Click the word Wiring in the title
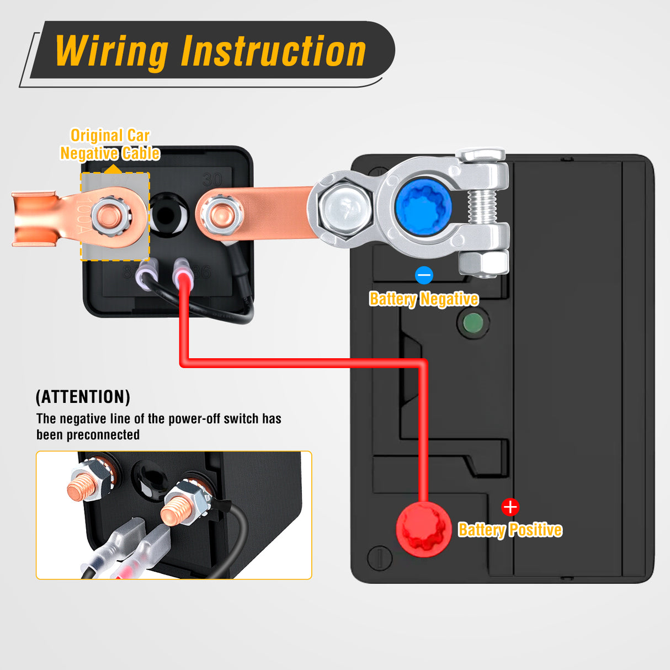[x=112, y=51]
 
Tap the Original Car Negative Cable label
[x=110, y=144]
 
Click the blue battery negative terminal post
[x=423, y=208]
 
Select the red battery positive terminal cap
[x=423, y=529]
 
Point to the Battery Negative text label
[x=423, y=299]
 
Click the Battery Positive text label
[x=510, y=530]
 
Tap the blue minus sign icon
[x=424, y=275]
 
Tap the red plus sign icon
[x=510, y=507]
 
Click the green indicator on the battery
[x=473, y=323]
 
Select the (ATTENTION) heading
[x=83, y=397]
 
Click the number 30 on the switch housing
[x=212, y=180]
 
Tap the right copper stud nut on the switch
[x=221, y=215]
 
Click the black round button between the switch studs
[x=166, y=215]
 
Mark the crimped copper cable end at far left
[x=34, y=219]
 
